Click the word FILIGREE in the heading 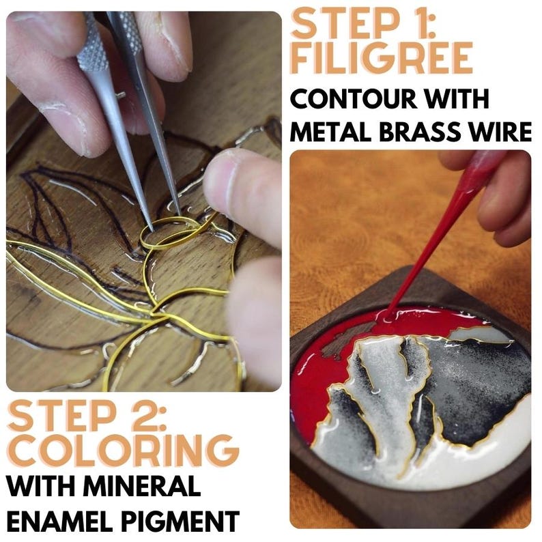382,58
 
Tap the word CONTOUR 351,98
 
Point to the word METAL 332,132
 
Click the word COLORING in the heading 123,451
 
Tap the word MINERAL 143,486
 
